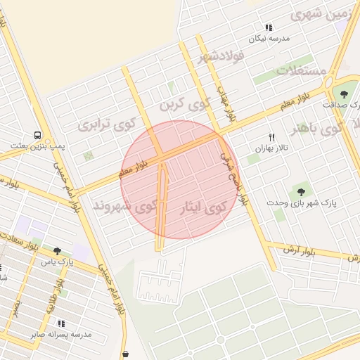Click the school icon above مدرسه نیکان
coord(269,27)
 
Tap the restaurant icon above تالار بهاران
coord(271,137)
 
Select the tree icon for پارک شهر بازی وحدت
coord(302,191)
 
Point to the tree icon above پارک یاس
coord(57,250)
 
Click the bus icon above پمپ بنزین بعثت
coord(37,135)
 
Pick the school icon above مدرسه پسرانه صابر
coord(61,323)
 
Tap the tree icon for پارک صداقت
coord(344,94)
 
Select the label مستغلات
coord(301,70)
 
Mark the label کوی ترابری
coord(106,125)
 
